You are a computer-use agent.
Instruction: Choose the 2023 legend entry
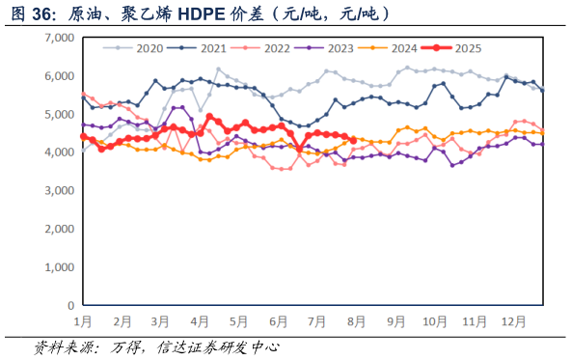(339, 47)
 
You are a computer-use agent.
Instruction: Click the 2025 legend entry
(465, 47)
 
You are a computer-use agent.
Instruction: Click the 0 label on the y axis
(69, 305)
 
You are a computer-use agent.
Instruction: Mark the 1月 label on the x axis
(83, 319)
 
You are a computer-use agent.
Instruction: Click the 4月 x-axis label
(200, 319)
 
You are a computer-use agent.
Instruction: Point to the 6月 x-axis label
(278, 319)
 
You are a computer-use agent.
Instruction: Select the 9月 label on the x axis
(395, 319)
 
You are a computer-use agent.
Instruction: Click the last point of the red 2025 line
(354, 140)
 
